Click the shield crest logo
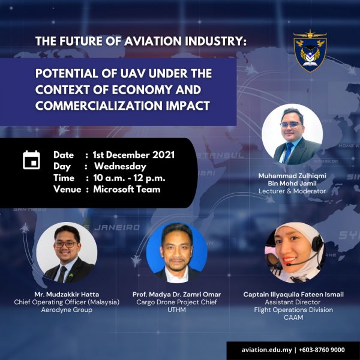[310, 51]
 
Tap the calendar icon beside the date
[31, 160]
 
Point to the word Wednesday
[121, 166]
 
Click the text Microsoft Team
[127, 189]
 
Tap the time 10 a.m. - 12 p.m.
[129, 178]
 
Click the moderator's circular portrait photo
[292, 134]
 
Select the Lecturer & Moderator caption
[292, 191]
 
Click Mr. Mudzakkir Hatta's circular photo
[67, 253]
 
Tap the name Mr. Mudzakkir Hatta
[67, 295]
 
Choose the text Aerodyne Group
[67, 310]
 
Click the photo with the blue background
[177, 253]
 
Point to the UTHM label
[176, 310]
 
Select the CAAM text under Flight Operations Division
[293, 317]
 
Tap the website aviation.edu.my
[266, 350]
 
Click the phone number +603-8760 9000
[322, 350]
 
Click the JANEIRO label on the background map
[117, 227]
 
